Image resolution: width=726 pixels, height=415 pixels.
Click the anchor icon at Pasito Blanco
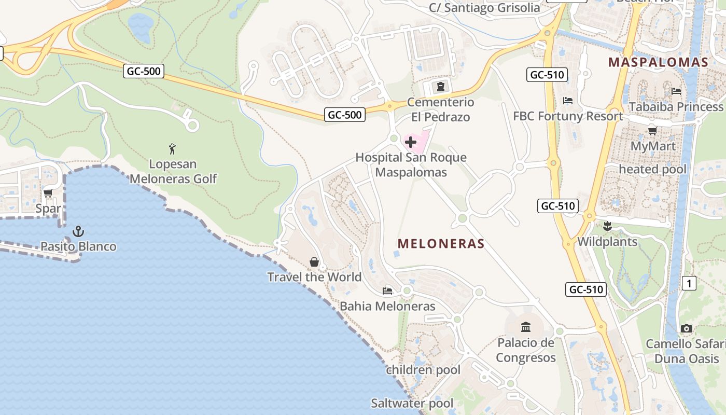click(78, 231)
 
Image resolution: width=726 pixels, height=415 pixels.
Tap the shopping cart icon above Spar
click(48, 193)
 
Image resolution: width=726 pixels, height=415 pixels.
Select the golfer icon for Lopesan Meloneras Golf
click(173, 149)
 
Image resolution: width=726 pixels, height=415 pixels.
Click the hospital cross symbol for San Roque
click(411, 142)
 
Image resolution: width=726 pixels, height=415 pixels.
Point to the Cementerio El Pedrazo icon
click(441, 87)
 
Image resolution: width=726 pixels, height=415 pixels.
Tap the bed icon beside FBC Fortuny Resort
click(568, 101)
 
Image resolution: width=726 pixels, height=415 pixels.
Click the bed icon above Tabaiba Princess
click(676, 91)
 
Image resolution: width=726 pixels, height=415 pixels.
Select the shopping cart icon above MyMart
click(653, 131)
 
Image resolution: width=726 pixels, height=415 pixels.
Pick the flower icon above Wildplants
click(607, 226)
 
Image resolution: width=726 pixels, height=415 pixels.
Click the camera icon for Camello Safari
click(687, 328)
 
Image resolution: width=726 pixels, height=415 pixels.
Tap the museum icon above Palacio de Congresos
click(526, 327)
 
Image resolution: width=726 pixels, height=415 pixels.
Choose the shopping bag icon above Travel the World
click(314, 262)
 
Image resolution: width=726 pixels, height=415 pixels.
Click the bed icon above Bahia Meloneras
click(387, 290)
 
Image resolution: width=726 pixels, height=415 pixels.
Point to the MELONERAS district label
click(441, 244)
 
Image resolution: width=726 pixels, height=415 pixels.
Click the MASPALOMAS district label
click(658, 62)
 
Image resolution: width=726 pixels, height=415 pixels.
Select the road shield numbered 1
click(689, 283)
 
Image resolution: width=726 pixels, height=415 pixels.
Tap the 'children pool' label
click(423, 370)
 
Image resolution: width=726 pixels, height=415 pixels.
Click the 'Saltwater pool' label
click(412, 403)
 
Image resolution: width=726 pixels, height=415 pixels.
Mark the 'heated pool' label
click(652, 169)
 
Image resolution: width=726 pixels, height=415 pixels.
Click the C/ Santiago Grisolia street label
click(484, 8)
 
